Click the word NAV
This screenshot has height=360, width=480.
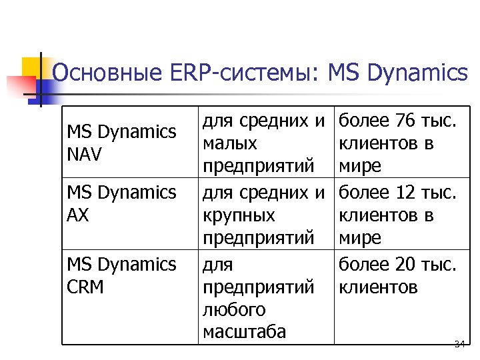84,155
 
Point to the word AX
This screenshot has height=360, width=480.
78,215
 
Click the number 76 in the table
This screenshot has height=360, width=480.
405,121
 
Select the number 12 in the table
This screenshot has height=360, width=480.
405,193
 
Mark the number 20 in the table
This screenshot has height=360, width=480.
405,265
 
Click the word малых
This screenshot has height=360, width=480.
230,144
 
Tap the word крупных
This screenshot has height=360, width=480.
238,216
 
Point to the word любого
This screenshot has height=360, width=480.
234,310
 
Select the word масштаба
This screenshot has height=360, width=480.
244,332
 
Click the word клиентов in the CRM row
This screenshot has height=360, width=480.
378,287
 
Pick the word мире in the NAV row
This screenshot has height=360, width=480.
360,165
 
